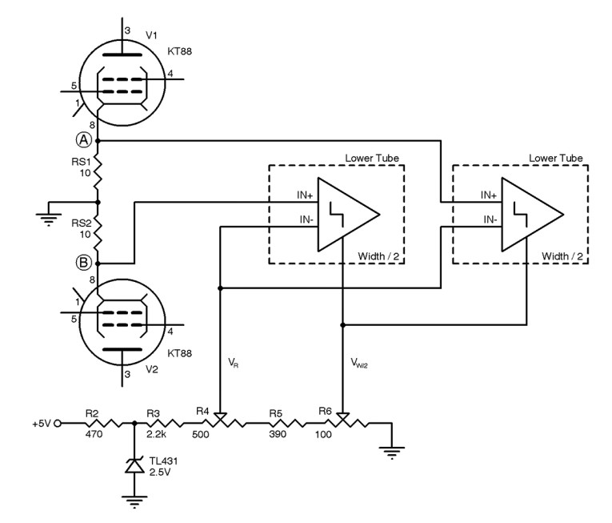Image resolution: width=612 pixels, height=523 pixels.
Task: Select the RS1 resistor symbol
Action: tap(98, 170)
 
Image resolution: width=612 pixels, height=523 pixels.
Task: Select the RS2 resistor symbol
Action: tap(98, 232)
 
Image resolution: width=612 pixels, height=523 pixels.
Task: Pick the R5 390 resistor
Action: tap(284, 424)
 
